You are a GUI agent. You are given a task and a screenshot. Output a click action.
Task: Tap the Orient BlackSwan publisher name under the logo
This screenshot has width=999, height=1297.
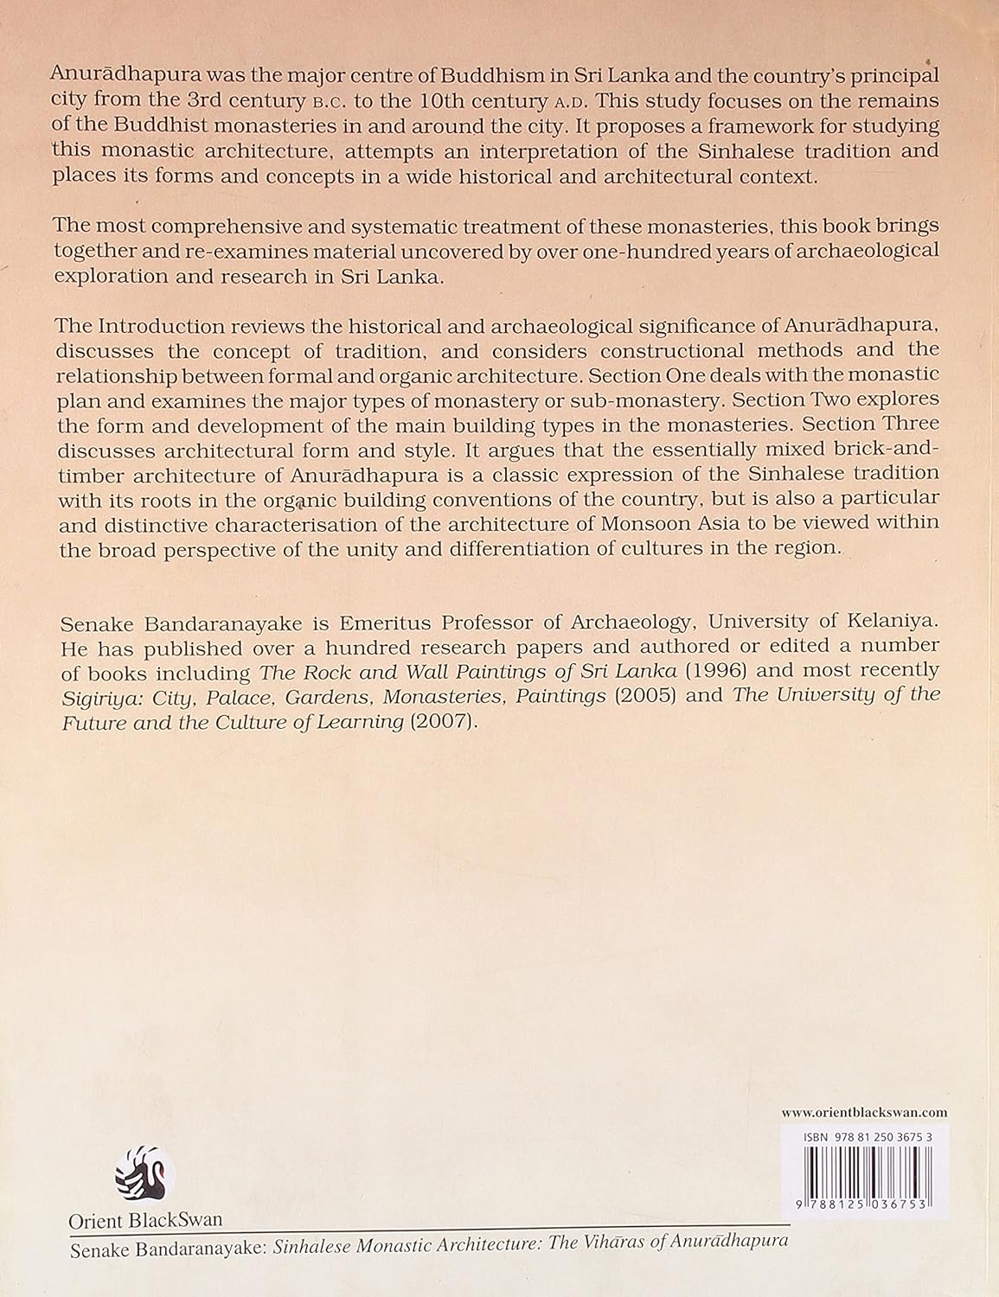pos(145,1220)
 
